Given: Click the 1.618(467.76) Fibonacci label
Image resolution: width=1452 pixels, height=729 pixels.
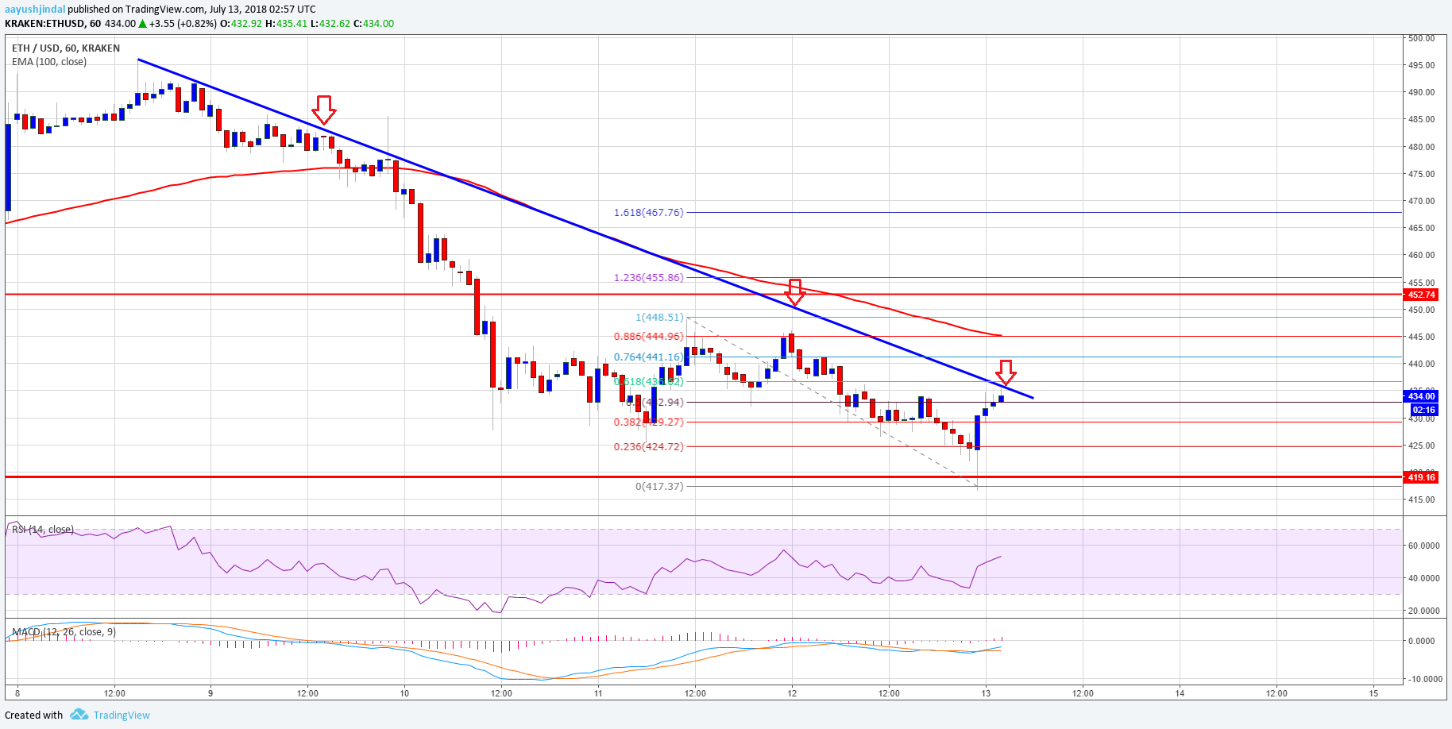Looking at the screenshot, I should click(648, 213).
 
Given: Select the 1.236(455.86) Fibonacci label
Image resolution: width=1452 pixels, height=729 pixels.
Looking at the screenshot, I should click(648, 278).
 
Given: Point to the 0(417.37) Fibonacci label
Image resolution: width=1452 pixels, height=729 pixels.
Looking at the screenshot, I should click(658, 487).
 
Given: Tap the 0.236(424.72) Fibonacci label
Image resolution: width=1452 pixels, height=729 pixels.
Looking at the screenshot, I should click(648, 447).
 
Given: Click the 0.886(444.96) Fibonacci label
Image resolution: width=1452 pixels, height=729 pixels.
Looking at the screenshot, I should click(648, 337).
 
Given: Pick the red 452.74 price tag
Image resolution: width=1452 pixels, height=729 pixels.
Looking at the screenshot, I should click(1421, 295).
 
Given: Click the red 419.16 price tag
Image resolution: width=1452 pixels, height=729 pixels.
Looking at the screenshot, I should click(1421, 477).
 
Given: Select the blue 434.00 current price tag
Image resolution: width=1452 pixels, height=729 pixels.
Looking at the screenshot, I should click(1421, 396).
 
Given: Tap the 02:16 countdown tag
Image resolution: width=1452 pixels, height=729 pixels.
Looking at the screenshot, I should click(1423, 411).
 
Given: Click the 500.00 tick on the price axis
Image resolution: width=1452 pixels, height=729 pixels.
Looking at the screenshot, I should click(1420, 38).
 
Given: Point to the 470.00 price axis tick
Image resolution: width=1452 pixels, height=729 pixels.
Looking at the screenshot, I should click(1420, 201).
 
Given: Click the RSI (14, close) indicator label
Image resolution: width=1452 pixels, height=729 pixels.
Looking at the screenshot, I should click(43, 530).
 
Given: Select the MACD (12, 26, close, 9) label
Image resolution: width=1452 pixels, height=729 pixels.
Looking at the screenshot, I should click(64, 632).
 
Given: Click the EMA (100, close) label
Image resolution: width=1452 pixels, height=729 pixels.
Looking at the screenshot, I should click(49, 62).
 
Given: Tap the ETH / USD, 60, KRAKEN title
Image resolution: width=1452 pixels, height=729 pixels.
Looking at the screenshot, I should click(66, 48).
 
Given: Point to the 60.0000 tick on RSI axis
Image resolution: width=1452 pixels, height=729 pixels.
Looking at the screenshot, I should click(1423, 546).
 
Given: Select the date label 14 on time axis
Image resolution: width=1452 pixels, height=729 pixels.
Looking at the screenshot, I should click(1180, 693).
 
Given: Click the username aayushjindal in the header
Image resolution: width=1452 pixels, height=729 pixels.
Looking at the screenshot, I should click(35, 10).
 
